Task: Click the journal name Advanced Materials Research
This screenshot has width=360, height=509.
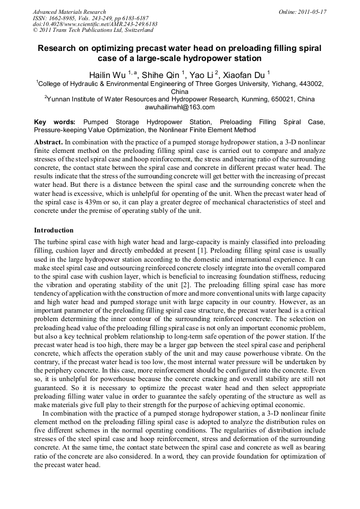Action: click(x=69, y=12)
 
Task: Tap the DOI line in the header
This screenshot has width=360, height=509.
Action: click(x=95, y=24)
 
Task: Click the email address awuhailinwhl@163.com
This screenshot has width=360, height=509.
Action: click(x=179, y=107)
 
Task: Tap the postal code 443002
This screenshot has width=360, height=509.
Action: click(x=308, y=84)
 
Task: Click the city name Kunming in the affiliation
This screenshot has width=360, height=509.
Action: click(x=254, y=99)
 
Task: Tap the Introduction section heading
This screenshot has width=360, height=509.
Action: click(x=54, y=230)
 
